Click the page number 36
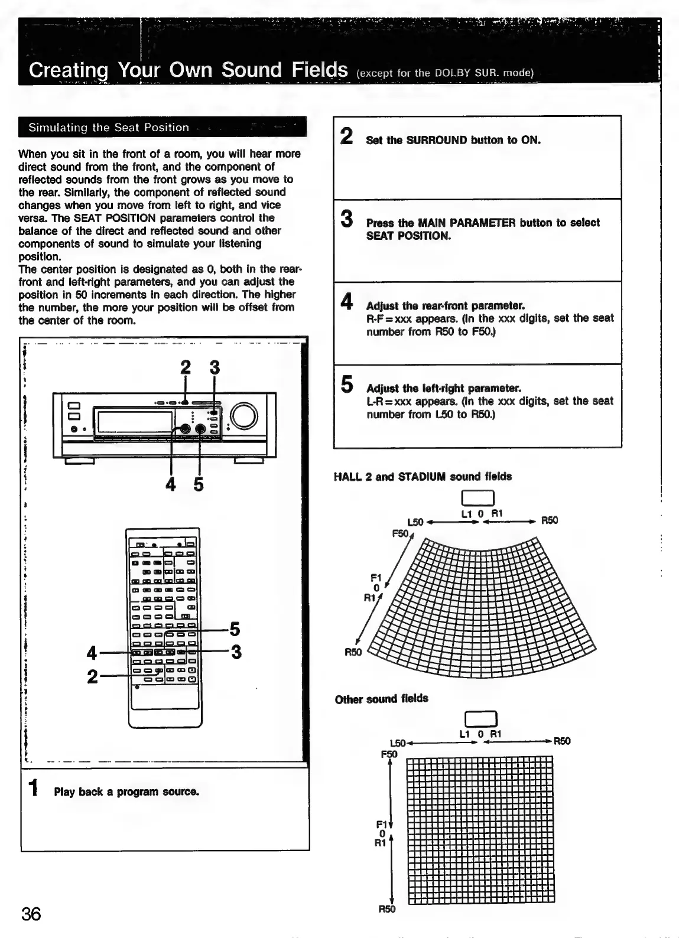(x=31, y=914)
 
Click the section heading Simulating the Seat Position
(x=109, y=127)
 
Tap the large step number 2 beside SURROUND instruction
(x=347, y=136)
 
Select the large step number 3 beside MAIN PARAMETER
(x=347, y=219)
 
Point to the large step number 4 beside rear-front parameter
(x=347, y=302)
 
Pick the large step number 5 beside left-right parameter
(x=347, y=385)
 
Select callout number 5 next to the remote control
(x=235, y=629)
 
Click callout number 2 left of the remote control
(x=92, y=676)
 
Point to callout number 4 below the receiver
(x=171, y=484)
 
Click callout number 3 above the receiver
(x=215, y=367)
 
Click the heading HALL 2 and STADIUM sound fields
(x=423, y=477)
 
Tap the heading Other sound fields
(x=381, y=699)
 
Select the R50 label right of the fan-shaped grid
(x=549, y=520)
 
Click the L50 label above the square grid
(x=398, y=742)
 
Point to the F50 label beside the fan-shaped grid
(x=400, y=533)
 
